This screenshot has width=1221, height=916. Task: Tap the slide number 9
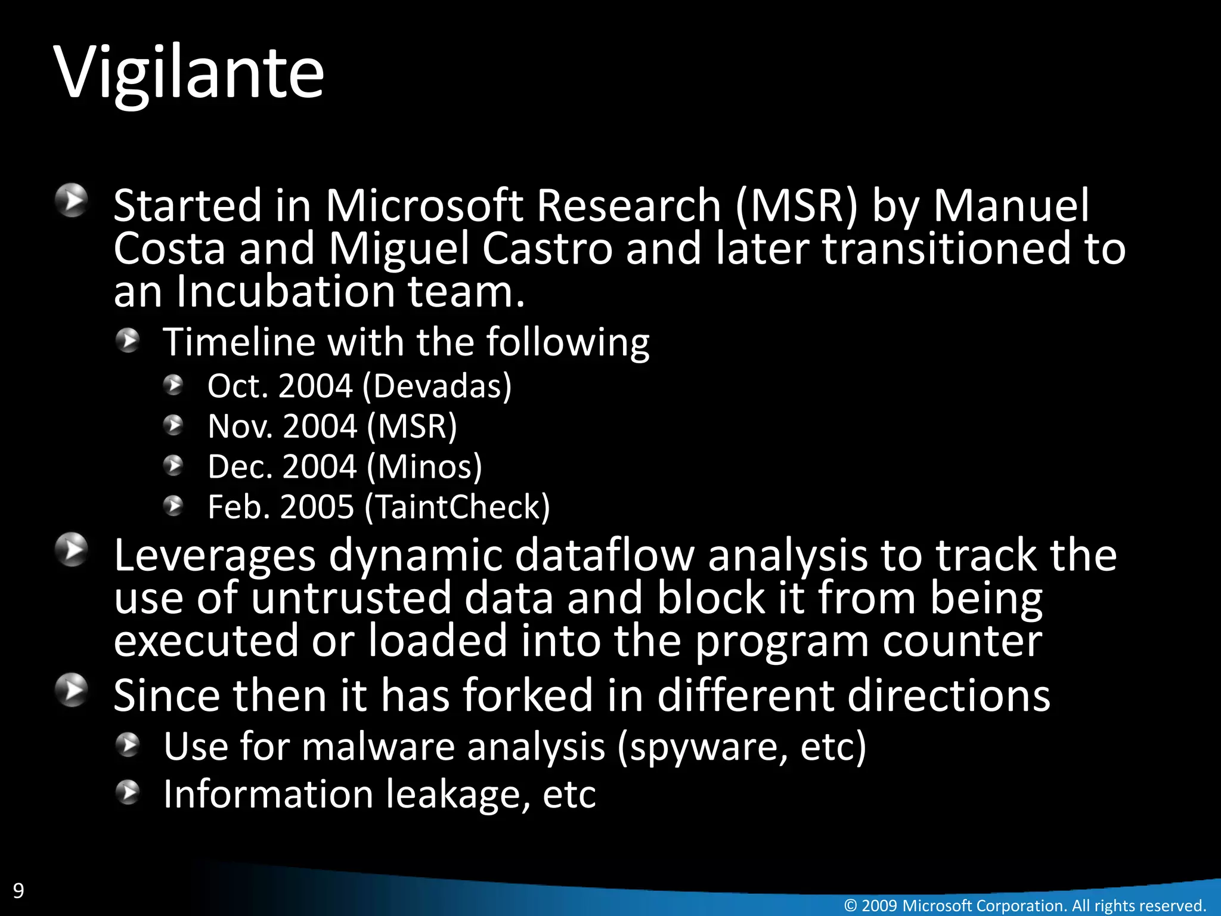(x=18, y=890)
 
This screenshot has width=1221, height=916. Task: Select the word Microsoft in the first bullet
(x=424, y=206)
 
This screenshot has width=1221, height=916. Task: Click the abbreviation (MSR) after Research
(x=797, y=206)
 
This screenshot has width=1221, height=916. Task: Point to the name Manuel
(x=1011, y=206)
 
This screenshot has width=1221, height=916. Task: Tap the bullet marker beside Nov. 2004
(x=173, y=426)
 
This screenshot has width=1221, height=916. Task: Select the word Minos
(x=424, y=466)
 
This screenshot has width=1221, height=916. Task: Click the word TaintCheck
(x=457, y=507)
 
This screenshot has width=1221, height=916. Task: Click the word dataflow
(x=605, y=555)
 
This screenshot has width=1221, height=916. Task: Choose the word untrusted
(x=351, y=598)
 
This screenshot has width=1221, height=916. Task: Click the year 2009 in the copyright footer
(x=879, y=905)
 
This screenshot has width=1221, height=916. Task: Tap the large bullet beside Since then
(x=72, y=690)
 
